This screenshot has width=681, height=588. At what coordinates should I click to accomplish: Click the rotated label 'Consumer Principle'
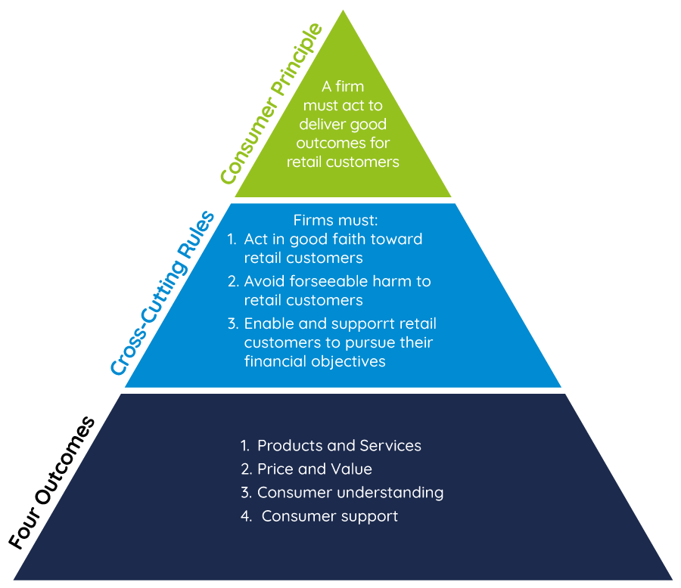pyautogui.click(x=271, y=104)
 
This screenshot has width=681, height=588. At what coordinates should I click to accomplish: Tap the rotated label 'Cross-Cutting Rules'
pyautogui.click(x=163, y=293)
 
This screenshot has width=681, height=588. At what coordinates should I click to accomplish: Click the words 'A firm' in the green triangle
pyautogui.click(x=343, y=86)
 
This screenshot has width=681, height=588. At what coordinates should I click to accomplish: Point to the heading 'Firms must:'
pyautogui.click(x=335, y=221)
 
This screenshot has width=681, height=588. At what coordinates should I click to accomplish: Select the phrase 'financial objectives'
pyautogui.click(x=315, y=361)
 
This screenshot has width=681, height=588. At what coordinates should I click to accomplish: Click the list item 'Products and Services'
pyautogui.click(x=339, y=445)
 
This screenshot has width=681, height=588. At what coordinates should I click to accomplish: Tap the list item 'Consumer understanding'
pyautogui.click(x=350, y=492)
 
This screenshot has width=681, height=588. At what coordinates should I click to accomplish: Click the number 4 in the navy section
pyautogui.click(x=245, y=516)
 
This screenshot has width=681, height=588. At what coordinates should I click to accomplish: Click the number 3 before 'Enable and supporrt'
pyautogui.click(x=232, y=323)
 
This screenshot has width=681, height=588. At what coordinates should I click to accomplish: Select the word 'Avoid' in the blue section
pyautogui.click(x=263, y=281)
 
